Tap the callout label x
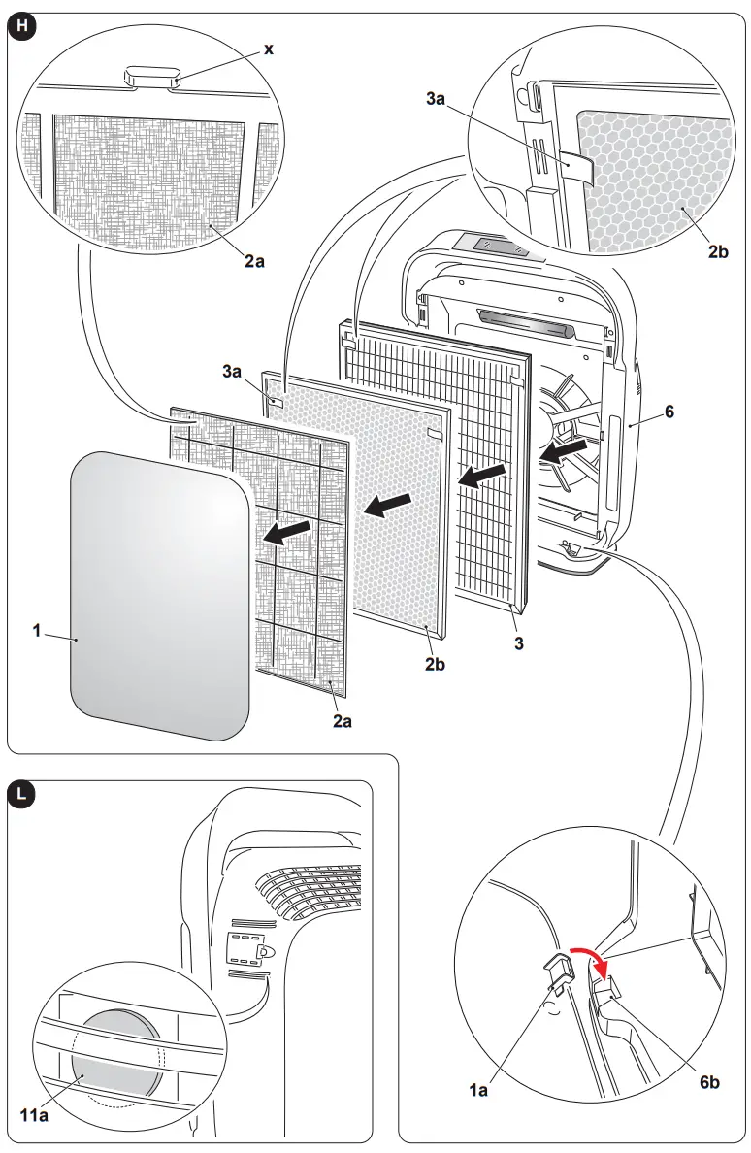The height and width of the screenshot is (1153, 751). pos(268,49)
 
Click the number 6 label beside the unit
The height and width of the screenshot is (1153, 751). pos(669,412)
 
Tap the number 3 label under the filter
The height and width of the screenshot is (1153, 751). pos(519,643)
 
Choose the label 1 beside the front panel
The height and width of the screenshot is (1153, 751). pos(37,630)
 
